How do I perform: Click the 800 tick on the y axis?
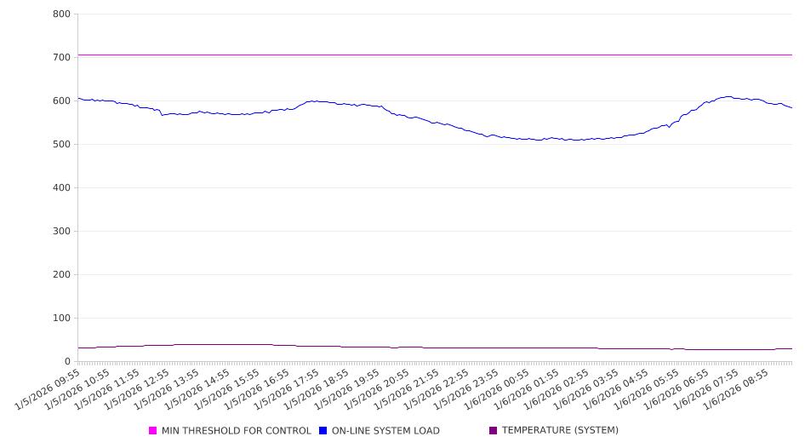point(61,14)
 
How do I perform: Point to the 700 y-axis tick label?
point(61,58)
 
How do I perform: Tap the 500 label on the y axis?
point(61,145)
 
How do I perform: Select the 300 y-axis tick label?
point(61,232)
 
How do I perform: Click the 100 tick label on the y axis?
point(61,319)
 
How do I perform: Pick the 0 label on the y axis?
point(67,362)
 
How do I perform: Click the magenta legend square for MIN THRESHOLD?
point(153,431)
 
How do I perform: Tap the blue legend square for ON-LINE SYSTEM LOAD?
point(323,431)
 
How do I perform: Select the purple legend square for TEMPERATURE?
point(494,431)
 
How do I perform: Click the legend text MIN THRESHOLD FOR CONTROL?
point(237,431)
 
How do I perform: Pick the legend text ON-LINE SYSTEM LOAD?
point(385,431)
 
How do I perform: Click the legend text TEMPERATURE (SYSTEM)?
point(560,431)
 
